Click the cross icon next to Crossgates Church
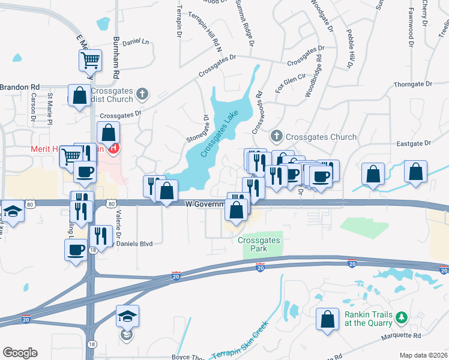click(277, 136)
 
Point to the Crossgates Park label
click(259, 244)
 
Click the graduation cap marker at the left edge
click(12, 211)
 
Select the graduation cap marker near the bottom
click(127, 316)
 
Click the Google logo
click(20, 353)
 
